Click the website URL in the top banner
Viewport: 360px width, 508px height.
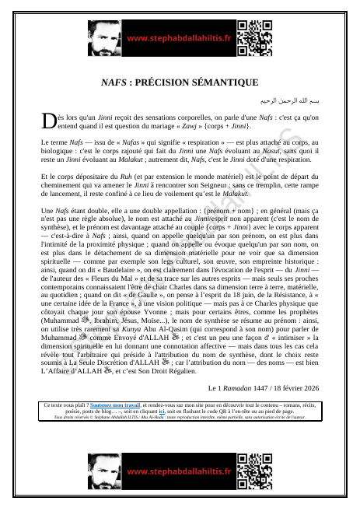(x=179, y=38)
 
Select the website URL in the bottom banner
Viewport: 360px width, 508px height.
(x=179, y=471)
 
